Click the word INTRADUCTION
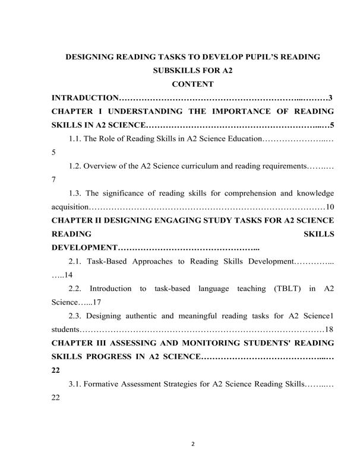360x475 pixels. [86, 97]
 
